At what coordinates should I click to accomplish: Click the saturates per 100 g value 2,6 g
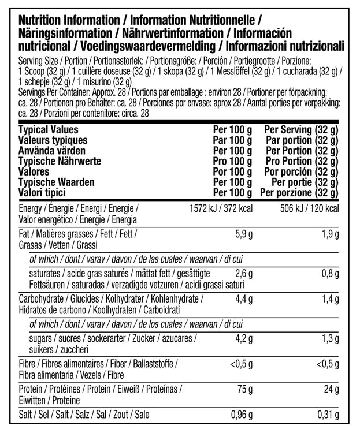tap(242, 274)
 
